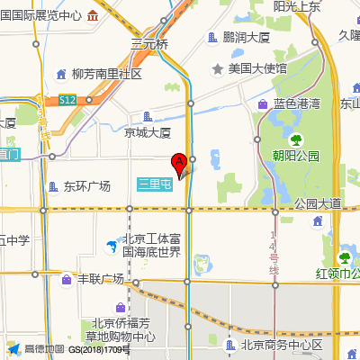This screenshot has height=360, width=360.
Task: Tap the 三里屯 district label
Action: (155, 183)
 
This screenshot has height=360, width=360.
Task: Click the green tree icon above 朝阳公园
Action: (295, 139)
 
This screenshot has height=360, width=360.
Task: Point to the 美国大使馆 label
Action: (257, 68)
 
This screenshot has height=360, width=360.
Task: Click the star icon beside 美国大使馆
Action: (217, 68)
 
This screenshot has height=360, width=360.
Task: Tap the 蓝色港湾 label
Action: (297, 104)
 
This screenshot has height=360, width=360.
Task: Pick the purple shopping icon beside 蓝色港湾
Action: (263, 104)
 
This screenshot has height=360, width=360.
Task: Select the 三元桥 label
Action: (149, 44)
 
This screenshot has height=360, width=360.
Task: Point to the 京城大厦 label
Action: (148, 132)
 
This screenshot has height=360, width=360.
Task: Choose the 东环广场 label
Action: (86, 186)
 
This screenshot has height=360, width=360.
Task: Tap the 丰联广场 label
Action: (101, 279)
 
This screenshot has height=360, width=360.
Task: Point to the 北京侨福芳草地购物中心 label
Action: (123, 330)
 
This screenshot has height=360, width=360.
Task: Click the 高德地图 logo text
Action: (44, 349)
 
